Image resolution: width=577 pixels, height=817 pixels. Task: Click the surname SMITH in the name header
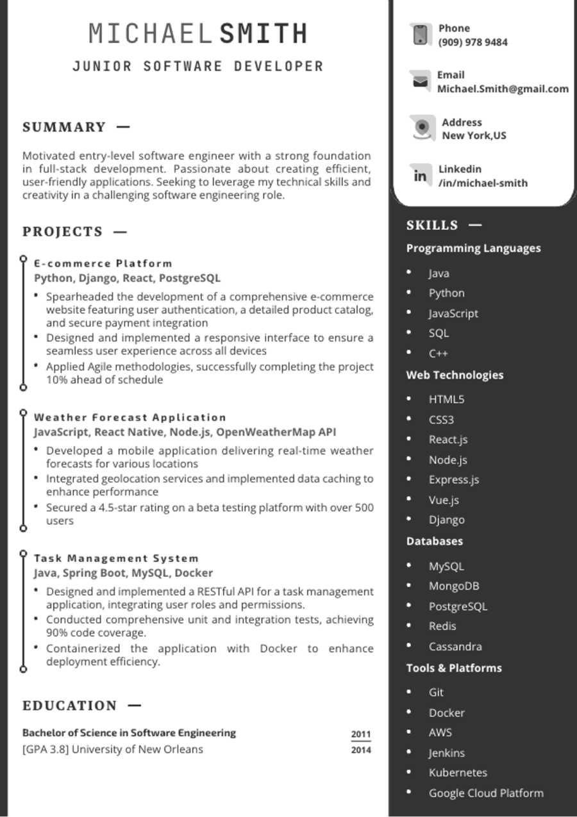[263, 33]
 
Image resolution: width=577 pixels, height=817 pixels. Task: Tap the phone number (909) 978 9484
[472, 42]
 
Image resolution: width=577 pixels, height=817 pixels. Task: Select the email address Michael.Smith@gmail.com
[503, 89]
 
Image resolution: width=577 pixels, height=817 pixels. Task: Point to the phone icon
[421, 35]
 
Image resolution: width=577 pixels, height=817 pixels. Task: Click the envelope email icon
[421, 81]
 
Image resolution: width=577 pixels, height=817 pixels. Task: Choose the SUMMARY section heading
[64, 127]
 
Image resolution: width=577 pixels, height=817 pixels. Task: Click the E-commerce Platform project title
[103, 263]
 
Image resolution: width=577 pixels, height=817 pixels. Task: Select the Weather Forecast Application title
[130, 417]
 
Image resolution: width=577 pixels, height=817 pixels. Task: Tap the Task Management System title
[116, 558]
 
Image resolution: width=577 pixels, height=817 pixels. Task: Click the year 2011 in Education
[361, 734]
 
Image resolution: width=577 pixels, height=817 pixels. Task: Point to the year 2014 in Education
[361, 750]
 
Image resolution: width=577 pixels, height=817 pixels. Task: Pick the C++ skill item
[439, 353]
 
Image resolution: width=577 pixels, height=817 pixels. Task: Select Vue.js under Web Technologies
[444, 500]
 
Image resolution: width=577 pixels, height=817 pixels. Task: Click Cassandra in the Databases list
[455, 647]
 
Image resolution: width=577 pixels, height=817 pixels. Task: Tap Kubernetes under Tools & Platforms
[458, 773]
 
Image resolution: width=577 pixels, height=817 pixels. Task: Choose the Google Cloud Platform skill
[486, 793]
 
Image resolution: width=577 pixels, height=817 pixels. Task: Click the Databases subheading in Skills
[434, 541]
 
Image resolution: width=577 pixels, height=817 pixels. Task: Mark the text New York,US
[474, 136]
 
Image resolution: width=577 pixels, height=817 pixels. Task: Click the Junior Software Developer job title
[198, 66]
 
